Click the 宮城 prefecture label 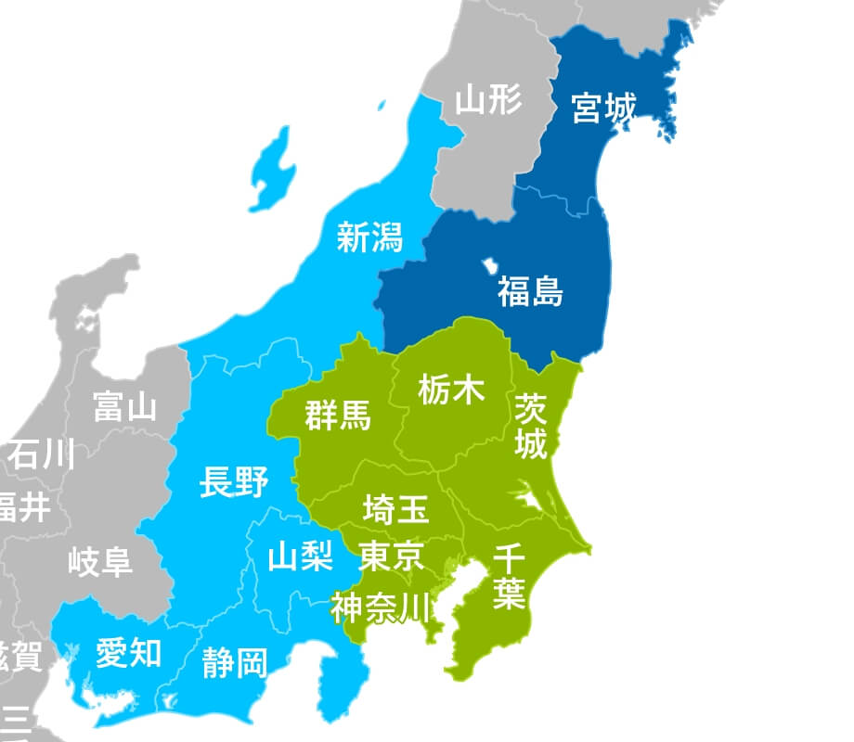tap(604, 109)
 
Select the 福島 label tap(530, 291)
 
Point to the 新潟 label tap(369, 237)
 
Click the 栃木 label tap(451, 390)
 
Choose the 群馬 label tap(338, 416)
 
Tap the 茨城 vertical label tap(531, 425)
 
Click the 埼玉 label tap(395, 508)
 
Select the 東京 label tap(392, 556)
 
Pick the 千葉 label tap(509, 577)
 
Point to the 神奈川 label tap(382, 608)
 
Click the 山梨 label tap(300, 556)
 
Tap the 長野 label tap(234, 482)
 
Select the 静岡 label tap(235, 662)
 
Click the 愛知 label tap(128, 653)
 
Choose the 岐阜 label tap(100, 561)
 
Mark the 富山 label tap(125, 406)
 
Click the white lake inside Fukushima tap(489, 267)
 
